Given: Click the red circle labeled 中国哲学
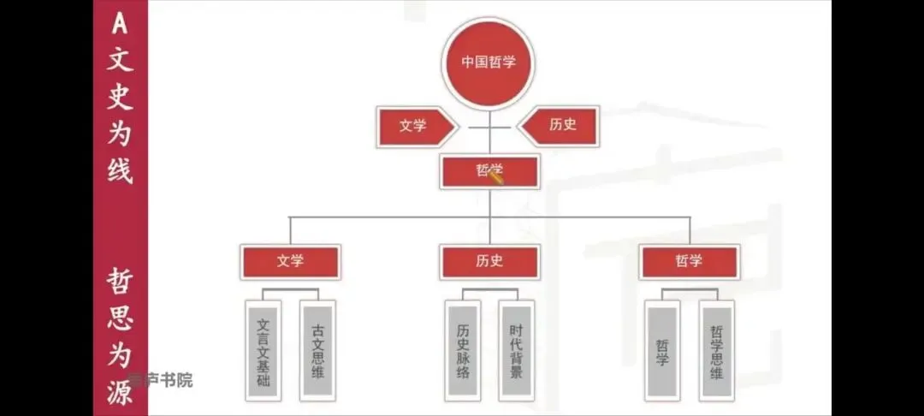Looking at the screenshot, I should click(x=489, y=62).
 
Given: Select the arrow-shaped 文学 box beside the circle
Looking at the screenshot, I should click(x=413, y=125).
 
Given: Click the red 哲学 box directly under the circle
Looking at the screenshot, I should click(x=489, y=171).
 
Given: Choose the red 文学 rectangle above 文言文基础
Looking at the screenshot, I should click(x=290, y=262).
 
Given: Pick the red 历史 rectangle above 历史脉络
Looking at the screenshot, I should click(x=489, y=262).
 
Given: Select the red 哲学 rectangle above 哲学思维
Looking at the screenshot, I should click(x=689, y=262).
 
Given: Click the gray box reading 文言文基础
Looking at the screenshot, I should click(x=264, y=351).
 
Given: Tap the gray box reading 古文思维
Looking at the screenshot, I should click(x=317, y=351).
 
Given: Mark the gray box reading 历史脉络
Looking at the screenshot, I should click(x=463, y=351).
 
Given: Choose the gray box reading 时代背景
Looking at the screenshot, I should click(x=516, y=351).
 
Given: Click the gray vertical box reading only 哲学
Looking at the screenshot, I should click(x=662, y=351).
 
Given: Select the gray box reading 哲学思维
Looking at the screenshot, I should click(x=716, y=351).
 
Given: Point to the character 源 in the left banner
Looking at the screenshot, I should click(x=120, y=395).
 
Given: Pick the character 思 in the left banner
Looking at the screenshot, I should click(x=120, y=318).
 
